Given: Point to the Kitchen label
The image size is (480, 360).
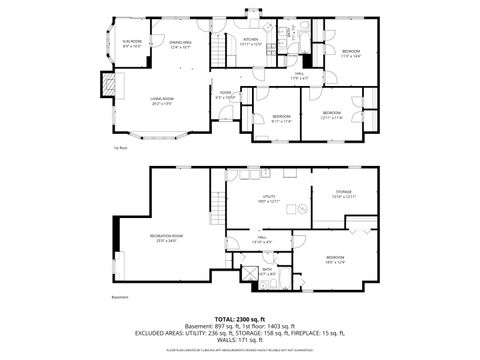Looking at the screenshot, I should (x=250, y=41).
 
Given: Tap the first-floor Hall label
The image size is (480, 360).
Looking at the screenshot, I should (x=299, y=76).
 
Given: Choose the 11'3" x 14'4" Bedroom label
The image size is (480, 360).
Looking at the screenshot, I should (x=351, y=53).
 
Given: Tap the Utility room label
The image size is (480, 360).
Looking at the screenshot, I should (x=269, y=199).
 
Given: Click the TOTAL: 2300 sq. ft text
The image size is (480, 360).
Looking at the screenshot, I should (x=240, y=318).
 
